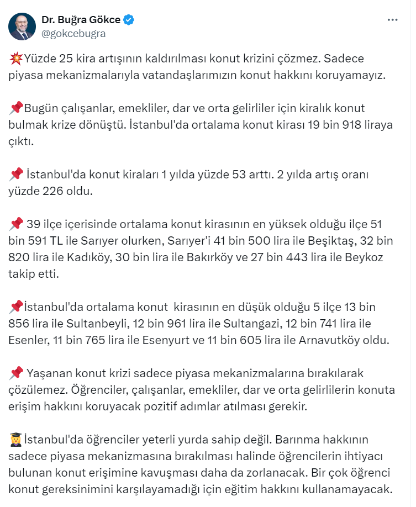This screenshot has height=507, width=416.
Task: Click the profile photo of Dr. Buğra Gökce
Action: [x=22, y=26]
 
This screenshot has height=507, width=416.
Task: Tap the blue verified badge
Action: [x=129, y=20]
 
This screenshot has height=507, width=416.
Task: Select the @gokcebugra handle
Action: [x=73, y=33]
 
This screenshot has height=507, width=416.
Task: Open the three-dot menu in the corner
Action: [x=392, y=20]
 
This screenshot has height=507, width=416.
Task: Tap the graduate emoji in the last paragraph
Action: [x=16, y=440]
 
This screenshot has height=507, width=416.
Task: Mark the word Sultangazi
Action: [x=251, y=324]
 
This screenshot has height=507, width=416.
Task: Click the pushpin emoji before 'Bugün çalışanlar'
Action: [x=16, y=109]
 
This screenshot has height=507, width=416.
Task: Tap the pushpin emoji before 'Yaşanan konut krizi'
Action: [x=16, y=374]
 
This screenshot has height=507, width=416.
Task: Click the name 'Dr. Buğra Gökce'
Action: [x=81, y=20]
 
